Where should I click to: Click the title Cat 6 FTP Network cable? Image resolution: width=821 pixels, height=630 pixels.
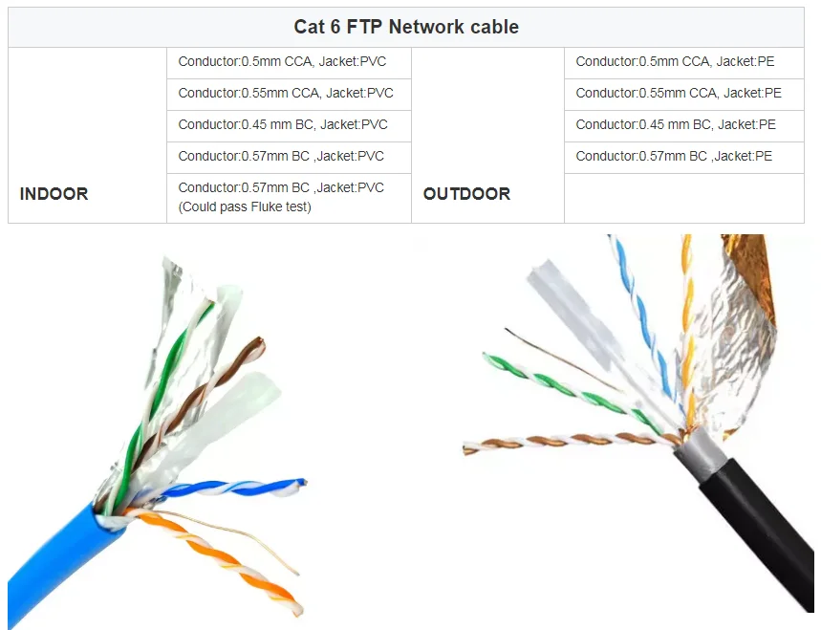(406, 27)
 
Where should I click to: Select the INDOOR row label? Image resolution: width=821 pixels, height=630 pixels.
(54, 194)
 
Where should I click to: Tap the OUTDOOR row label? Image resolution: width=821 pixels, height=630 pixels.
(466, 194)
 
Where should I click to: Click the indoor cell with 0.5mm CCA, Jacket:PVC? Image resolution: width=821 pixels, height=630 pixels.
(282, 62)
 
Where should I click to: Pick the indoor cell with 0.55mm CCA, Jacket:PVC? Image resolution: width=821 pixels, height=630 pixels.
(286, 94)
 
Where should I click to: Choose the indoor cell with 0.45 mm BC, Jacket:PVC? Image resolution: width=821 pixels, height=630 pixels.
(283, 124)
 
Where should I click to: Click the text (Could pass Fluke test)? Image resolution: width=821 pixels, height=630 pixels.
(245, 206)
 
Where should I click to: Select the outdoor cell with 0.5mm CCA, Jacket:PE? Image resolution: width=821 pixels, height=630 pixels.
(675, 62)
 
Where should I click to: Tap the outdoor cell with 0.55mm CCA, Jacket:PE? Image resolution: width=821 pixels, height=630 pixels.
(679, 94)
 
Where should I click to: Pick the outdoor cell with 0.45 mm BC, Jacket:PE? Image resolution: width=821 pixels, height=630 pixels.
(676, 124)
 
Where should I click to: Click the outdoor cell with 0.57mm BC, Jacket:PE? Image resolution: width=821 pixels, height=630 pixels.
(674, 156)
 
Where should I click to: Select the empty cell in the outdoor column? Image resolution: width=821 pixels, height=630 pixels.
(683, 198)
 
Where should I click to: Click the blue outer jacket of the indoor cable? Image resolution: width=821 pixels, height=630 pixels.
(57, 564)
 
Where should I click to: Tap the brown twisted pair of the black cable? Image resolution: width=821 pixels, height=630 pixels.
(554, 443)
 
